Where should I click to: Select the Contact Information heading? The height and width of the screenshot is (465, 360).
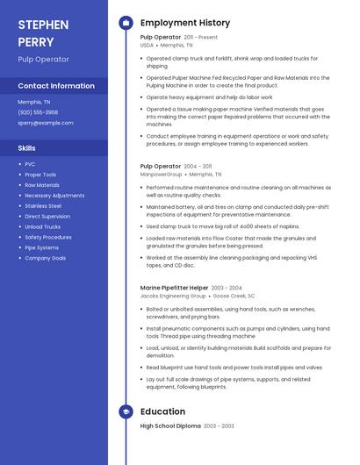[x=56, y=86]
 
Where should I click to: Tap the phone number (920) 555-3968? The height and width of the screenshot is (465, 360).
[x=39, y=112]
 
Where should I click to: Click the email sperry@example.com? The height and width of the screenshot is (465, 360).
[x=46, y=123]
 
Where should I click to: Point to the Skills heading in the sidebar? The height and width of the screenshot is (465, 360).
[x=27, y=148]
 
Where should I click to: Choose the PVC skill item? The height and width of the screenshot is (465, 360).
[x=31, y=164]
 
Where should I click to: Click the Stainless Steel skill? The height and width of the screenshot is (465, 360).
[x=43, y=205]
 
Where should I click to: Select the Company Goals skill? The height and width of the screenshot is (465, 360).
[x=46, y=258]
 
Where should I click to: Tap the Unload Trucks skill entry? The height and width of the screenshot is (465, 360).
[x=43, y=226]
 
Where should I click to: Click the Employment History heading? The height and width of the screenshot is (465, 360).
[x=185, y=23]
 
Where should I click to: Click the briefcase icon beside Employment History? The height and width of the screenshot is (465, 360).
[x=126, y=23]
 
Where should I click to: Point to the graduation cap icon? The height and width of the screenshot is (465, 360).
[x=126, y=411]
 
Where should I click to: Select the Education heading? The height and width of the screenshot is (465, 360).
[x=162, y=411]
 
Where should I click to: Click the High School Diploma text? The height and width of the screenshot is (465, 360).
[x=171, y=426]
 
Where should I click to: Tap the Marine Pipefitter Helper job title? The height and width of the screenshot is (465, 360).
[x=174, y=288]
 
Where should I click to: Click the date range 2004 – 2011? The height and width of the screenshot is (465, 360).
[x=198, y=166]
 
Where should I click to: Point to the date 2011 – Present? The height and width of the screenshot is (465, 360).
[x=200, y=38]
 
